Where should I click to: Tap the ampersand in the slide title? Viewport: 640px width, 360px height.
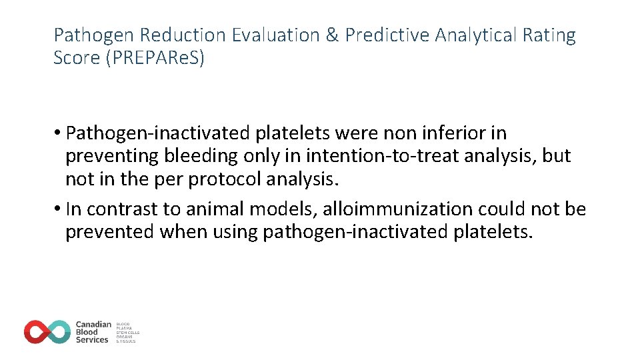point(331,35)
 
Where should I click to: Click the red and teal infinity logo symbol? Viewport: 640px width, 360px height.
point(47,332)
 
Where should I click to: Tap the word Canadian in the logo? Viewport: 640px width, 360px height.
point(93,325)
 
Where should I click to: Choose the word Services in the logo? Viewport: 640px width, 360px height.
point(92,340)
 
